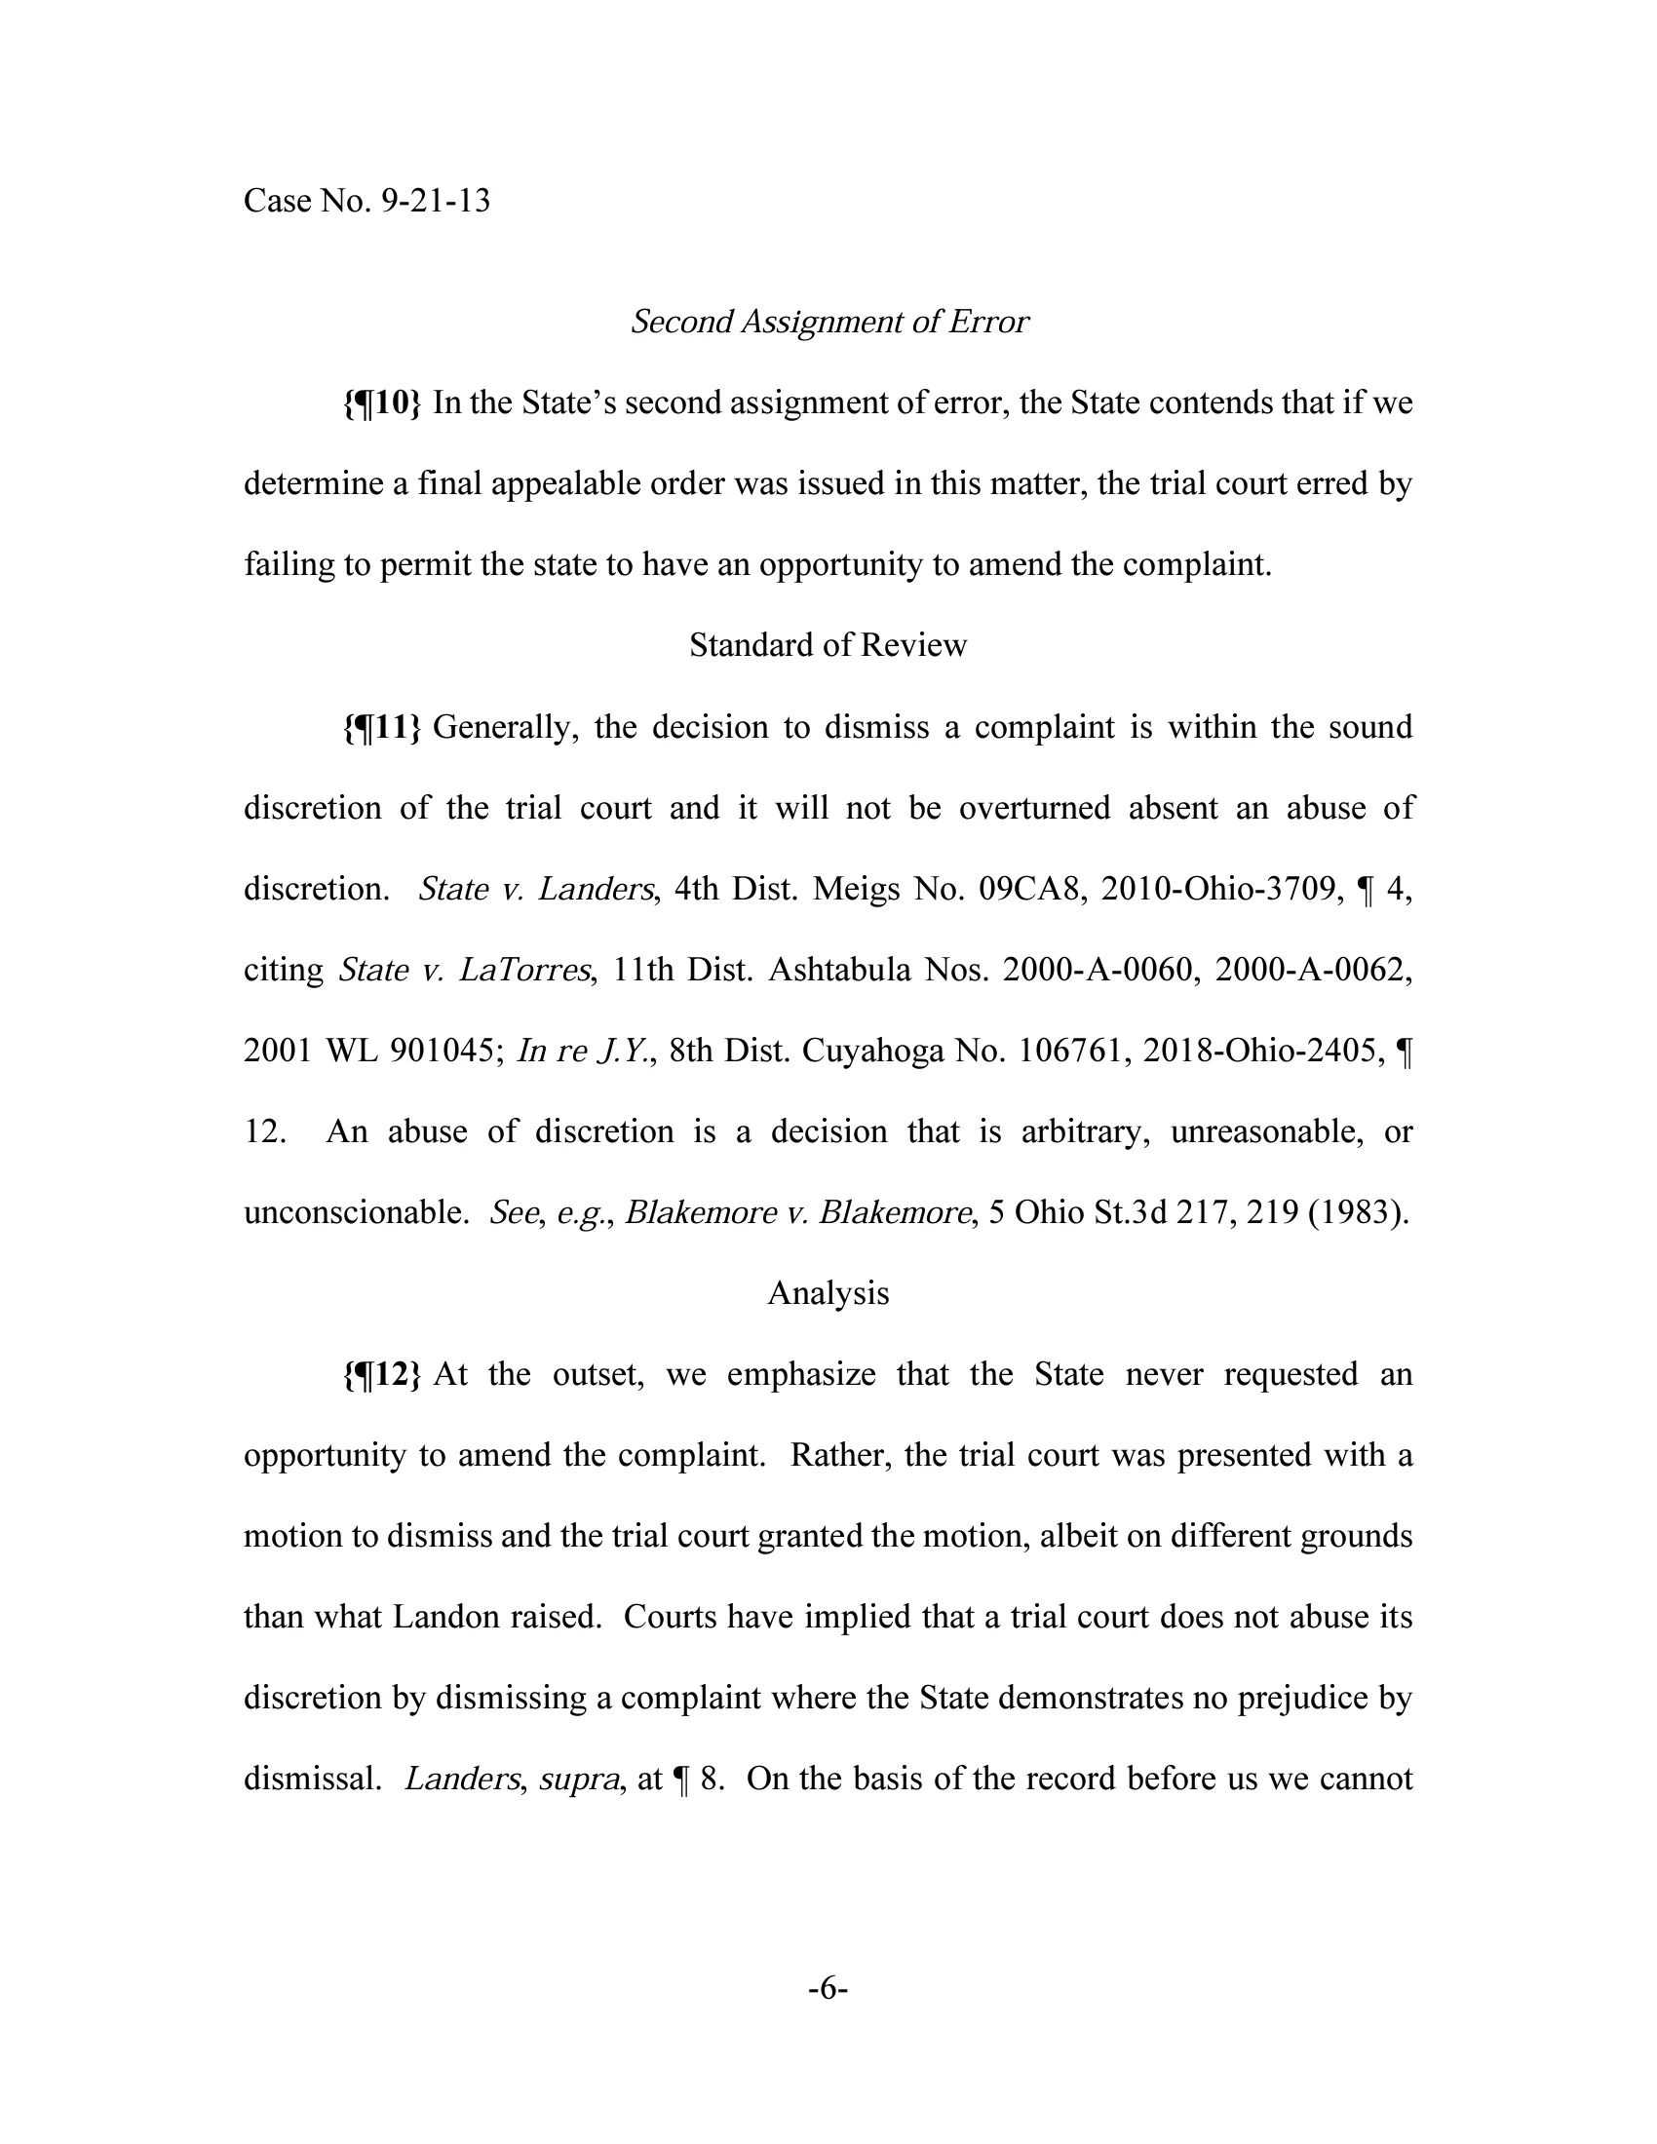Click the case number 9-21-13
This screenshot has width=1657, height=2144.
pyautogui.click(x=435, y=202)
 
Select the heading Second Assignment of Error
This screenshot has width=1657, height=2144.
pyautogui.click(x=828, y=322)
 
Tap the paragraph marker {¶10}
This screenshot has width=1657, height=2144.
pyautogui.click(x=382, y=402)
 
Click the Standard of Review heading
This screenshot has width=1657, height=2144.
pyautogui.click(x=828, y=645)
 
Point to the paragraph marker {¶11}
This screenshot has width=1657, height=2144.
pyautogui.click(x=382, y=726)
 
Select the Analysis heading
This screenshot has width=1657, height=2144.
pyautogui.click(x=828, y=1293)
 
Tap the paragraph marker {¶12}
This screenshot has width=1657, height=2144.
pyautogui.click(x=382, y=1373)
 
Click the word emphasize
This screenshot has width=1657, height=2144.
pyautogui.click(x=801, y=1373)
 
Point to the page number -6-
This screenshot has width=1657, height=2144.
pyautogui.click(x=828, y=1989)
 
